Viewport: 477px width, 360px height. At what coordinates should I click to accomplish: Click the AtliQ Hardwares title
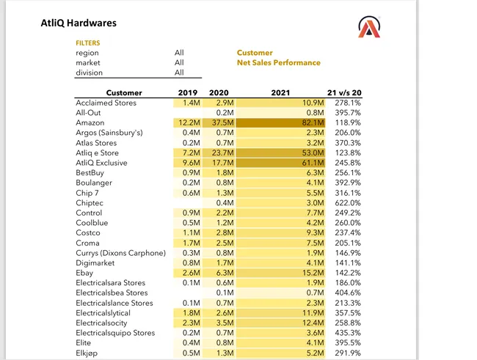pyautogui.click(x=79, y=23)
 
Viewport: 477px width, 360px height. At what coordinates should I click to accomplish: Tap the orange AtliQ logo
pyautogui.click(x=369, y=27)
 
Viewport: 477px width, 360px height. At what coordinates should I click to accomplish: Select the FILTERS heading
pyautogui.click(x=88, y=43)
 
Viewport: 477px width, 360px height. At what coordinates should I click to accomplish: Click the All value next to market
pyautogui.click(x=179, y=62)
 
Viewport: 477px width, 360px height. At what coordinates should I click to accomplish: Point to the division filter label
pyautogui.click(x=89, y=73)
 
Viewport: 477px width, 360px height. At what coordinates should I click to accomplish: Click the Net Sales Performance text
pyautogui.click(x=279, y=62)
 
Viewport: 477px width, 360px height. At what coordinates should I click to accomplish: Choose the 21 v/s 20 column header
pyautogui.click(x=344, y=92)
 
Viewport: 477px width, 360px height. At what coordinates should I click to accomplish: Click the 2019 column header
pyautogui.click(x=188, y=92)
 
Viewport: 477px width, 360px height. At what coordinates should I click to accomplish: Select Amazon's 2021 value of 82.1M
pyautogui.click(x=313, y=123)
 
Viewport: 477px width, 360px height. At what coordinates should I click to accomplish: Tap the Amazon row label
pyautogui.click(x=90, y=123)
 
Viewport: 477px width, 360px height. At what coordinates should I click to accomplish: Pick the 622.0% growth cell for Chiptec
pyautogui.click(x=348, y=203)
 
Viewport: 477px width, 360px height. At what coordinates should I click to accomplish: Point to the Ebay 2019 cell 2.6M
pyautogui.click(x=192, y=273)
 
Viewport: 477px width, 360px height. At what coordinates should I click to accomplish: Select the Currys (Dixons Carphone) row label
pyautogui.click(x=121, y=253)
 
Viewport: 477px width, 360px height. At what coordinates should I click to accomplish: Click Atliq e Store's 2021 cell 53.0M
pyautogui.click(x=313, y=153)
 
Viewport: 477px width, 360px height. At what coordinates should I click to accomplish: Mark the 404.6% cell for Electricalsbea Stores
pyautogui.click(x=348, y=293)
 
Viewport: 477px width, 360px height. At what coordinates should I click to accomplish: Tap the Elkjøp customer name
pyautogui.click(x=87, y=353)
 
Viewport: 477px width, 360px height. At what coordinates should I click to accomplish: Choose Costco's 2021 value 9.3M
pyautogui.click(x=315, y=233)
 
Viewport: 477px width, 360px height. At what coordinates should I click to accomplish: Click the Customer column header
pyautogui.click(x=124, y=92)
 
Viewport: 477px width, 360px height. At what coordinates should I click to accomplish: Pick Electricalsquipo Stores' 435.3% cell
pyautogui.click(x=348, y=333)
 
